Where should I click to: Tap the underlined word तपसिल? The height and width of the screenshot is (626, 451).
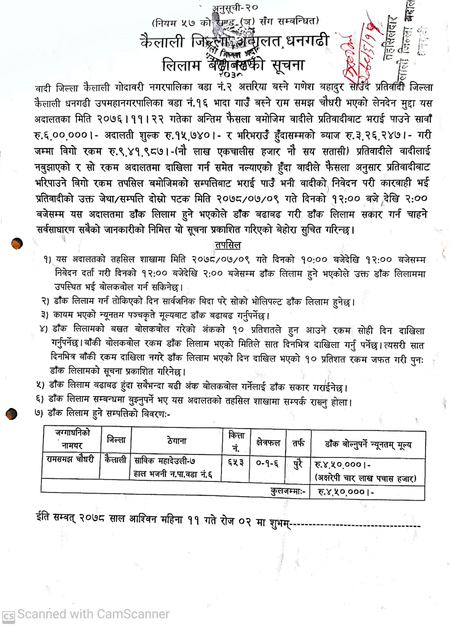click(x=228, y=245)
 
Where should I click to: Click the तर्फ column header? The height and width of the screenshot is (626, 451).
click(x=298, y=443)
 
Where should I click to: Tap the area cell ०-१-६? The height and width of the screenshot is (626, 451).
click(x=267, y=464)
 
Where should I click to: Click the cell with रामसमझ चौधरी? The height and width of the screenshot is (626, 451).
click(x=71, y=460)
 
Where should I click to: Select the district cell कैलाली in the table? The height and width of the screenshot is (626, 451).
click(x=115, y=460)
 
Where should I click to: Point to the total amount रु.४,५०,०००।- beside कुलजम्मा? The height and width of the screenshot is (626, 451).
click(x=346, y=492)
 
